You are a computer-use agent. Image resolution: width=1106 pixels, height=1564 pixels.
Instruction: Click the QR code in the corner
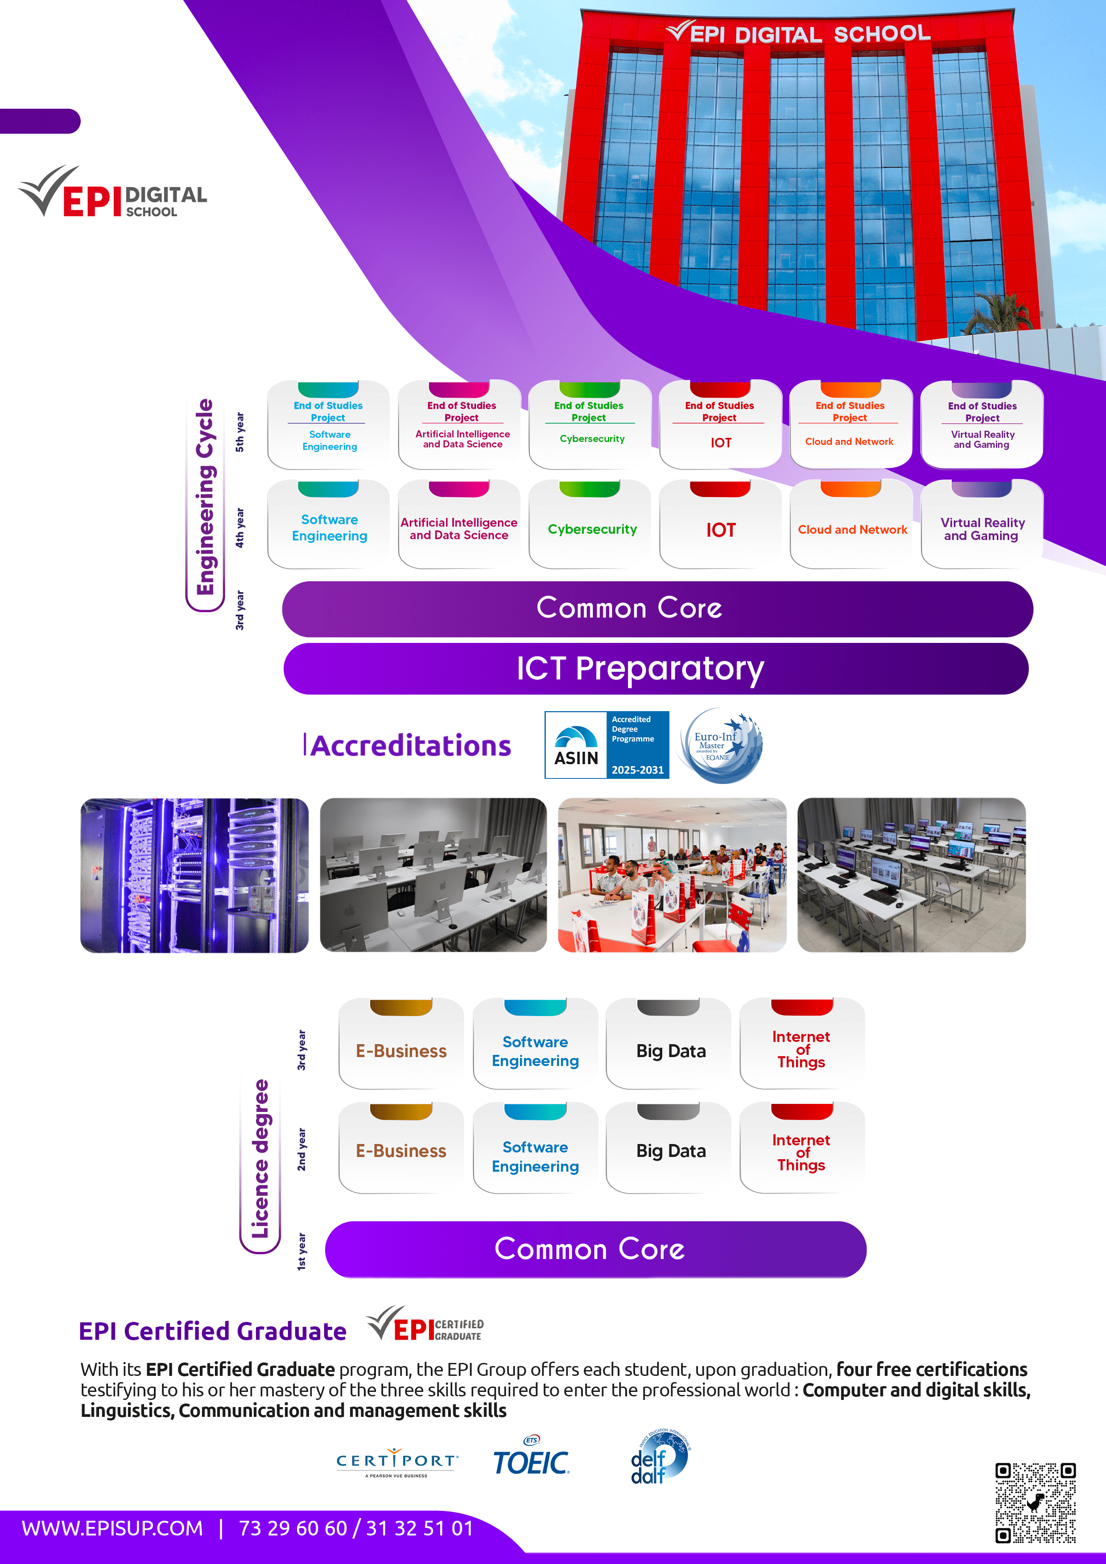coord(1035,1502)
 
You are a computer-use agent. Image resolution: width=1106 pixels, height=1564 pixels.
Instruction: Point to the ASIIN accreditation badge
coord(607,745)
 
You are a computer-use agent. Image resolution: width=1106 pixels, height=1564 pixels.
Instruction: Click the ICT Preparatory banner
coord(656,669)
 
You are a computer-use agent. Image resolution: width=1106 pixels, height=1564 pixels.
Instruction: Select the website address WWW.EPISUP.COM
coord(112,1528)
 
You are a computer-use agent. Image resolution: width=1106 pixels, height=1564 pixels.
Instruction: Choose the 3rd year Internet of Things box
coord(801,1044)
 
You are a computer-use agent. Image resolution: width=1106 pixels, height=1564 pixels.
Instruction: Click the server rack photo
coord(194,875)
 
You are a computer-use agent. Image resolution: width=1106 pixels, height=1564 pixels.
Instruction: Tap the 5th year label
coord(239,432)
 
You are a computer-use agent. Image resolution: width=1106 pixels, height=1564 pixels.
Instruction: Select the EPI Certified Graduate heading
coord(213,1331)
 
